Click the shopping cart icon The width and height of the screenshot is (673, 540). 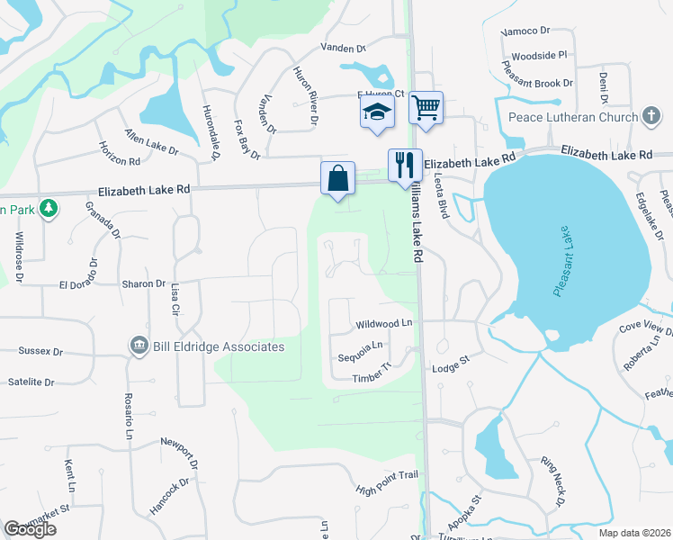[x=426, y=108]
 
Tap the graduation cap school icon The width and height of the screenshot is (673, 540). [x=377, y=112]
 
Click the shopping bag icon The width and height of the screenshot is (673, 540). [x=337, y=177]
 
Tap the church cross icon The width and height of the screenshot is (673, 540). [x=651, y=116]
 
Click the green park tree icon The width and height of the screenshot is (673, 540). [x=49, y=209]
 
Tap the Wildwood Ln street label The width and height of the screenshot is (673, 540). [x=383, y=322]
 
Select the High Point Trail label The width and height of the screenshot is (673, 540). [x=388, y=482]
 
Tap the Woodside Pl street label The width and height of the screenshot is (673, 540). [x=538, y=55]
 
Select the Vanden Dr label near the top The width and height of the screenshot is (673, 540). [x=345, y=48]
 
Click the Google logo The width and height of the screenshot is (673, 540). [x=30, y=529]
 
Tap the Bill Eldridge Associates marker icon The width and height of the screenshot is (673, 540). [x=139, y=346]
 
